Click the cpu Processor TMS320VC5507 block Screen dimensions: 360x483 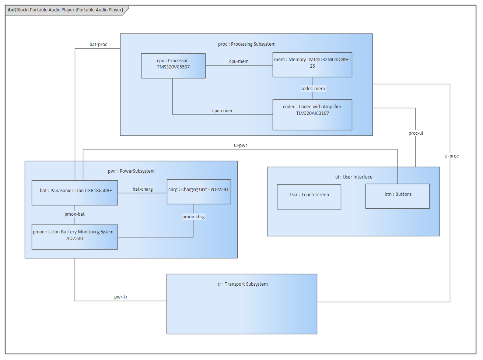click(173, 66)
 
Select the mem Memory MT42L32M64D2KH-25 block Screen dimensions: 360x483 click(312, 65)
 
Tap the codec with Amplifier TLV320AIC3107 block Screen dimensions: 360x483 click(312, 115)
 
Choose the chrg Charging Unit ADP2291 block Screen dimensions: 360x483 click(199, 192)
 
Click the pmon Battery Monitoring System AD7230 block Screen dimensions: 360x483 click(74, 237)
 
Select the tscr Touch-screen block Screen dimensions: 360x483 click(309, 197)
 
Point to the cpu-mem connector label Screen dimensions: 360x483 click(239, 61)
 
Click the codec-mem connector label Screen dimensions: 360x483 click(312, 89)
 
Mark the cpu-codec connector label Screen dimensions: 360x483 click(223, 111)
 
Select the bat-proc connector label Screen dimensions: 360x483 click(98, 45)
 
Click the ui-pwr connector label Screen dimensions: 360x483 click(240, 145)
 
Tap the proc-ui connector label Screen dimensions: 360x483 click(416, 133)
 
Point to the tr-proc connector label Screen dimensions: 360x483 click(451, 156)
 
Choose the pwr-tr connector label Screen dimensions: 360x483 click(121, 297)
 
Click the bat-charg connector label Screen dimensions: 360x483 click(143, 189)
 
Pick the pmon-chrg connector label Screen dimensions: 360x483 click(193, 217)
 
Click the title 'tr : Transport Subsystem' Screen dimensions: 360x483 click(242, 284)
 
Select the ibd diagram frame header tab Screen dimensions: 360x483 click(66, 10)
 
